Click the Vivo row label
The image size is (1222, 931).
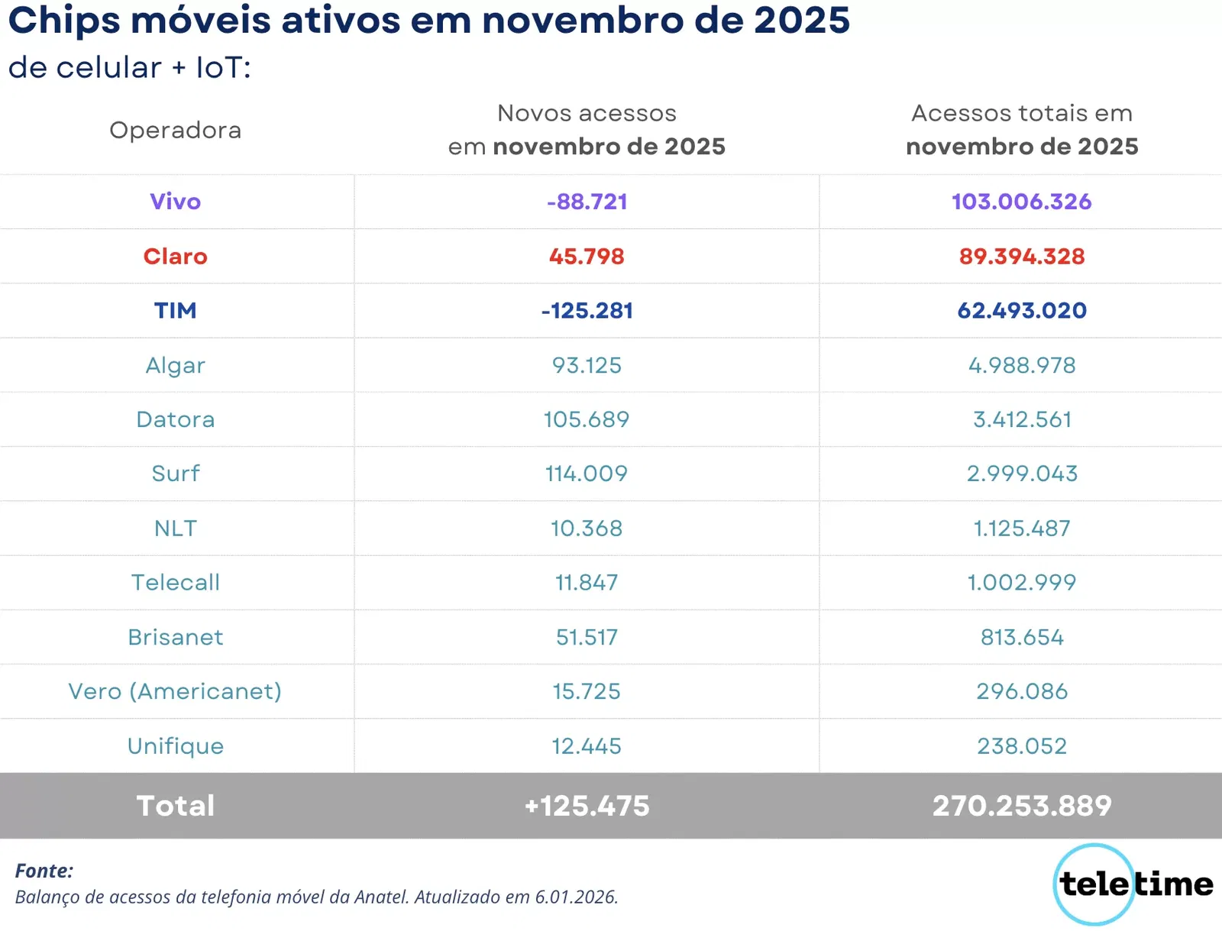tap(175, 202)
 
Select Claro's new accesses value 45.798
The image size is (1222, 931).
tap(587, 257)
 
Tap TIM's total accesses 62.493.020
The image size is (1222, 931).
tap(1021, 311)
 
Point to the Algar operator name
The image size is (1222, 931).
tap(175, 366)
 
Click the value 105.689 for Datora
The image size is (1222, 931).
tap(587, 419)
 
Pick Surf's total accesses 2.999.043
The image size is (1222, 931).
tap(1021, 474)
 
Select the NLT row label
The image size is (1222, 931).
tap(175, 529)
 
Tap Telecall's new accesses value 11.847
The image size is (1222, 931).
tap(587, 583)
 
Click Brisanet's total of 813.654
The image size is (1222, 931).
tap(1021, 637)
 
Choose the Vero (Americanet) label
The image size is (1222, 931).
tap(175, 691)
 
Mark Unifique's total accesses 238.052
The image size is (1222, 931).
tap(1021, 746)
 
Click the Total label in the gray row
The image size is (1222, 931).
tap(175, 806)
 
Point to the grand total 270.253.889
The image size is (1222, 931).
tap(1021, 806)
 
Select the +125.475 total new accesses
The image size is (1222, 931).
tap(587, 806)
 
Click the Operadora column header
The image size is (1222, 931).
tap(175, 131)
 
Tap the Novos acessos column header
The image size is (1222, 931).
tap(587, 114)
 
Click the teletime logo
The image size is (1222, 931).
tap(1134, 884)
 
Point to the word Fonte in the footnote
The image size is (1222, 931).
tap(44, 871)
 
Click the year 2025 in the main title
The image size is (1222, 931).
tap(801, 21)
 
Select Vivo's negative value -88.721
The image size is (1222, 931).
tap(587, 202)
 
